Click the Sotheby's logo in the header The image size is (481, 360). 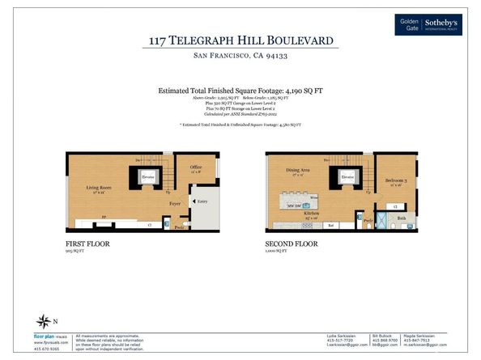pos(428,24)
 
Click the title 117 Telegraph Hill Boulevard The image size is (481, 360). pos(240,40)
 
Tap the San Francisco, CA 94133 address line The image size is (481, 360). pos(240,56)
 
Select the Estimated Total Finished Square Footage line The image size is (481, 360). pos(240,92)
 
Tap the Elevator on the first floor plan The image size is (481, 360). pos(148,176)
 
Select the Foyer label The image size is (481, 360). pos(174,204)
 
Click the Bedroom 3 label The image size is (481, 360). pos(396,180)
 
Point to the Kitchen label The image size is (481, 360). pos(311,214)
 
